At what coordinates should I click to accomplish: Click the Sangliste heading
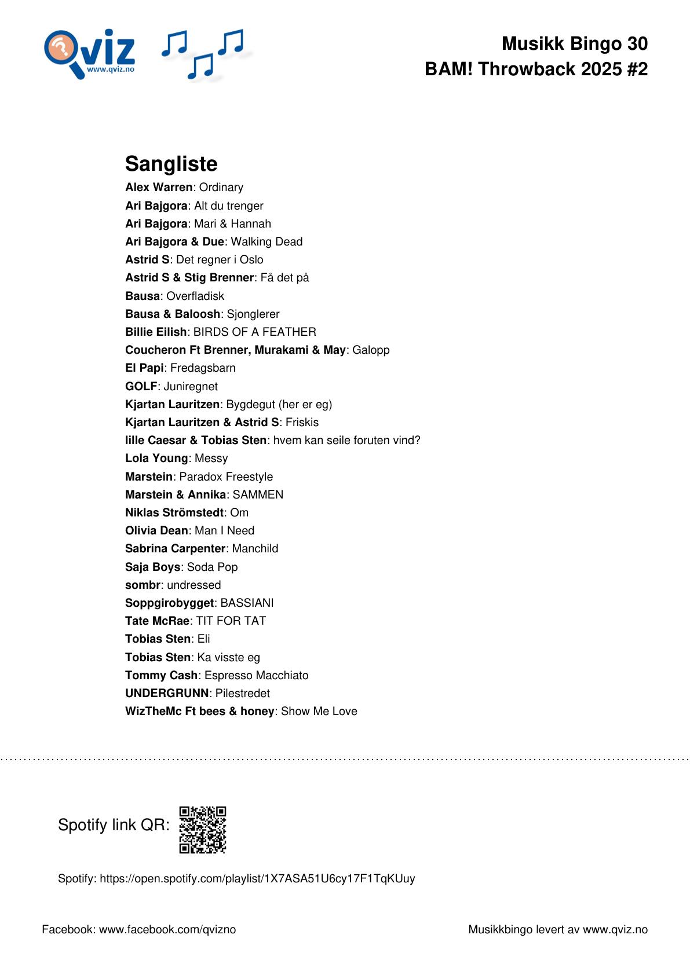[171, 164]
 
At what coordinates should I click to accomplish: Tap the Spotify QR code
[202, 830]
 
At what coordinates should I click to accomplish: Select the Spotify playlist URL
[257, 878]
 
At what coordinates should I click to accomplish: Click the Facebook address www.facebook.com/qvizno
[167, 929]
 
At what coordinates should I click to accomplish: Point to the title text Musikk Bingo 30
[574, 43]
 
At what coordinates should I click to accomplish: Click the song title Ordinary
[221, 188]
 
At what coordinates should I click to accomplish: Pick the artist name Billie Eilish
[156, 332]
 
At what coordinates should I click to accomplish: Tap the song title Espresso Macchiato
[256, 675]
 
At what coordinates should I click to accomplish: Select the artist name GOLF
[141, 386]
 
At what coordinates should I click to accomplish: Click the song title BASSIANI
[247, 603]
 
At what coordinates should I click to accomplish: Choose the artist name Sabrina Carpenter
[175, 548]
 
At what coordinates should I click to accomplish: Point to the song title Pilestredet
[242, 693]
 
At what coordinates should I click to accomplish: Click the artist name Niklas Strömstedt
[174, 512]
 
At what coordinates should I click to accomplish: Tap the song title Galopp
[371, 350]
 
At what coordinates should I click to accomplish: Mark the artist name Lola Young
[156, 458]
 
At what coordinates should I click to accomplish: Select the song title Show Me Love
[319, 711]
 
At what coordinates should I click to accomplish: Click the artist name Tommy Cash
[161, 675]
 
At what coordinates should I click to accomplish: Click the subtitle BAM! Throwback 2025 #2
[536, 69]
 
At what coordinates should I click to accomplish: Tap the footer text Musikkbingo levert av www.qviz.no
[557, 929]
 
